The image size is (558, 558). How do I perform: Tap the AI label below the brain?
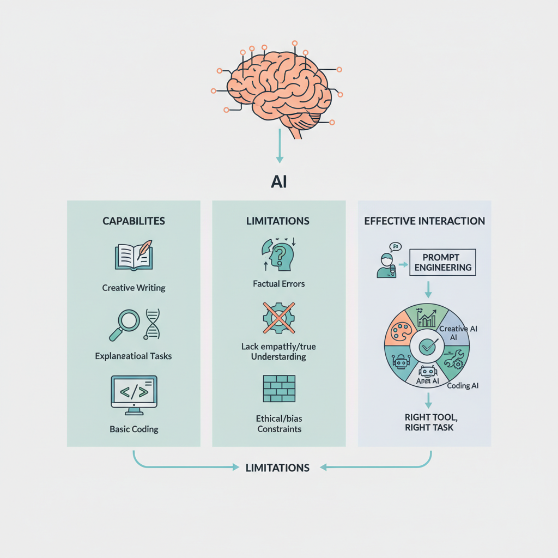point(279,181)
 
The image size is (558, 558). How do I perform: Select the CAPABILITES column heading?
point(134,221)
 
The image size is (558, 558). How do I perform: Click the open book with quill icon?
point(134,256)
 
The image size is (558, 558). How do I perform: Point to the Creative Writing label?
point(134,287)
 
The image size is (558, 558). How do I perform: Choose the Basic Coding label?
point(134,429)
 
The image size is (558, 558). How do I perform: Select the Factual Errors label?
point(278,283)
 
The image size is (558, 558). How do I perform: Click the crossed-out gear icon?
point(278,318)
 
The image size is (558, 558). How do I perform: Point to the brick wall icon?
point(278,388)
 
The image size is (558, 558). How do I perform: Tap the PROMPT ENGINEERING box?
point(442,262)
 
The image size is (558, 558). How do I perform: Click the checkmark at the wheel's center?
point(427,345)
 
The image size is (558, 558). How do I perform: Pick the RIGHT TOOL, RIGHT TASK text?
point(429,422)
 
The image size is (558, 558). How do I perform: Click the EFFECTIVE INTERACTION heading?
point(424,221)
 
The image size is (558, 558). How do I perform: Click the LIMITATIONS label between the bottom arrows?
point(277,468)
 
